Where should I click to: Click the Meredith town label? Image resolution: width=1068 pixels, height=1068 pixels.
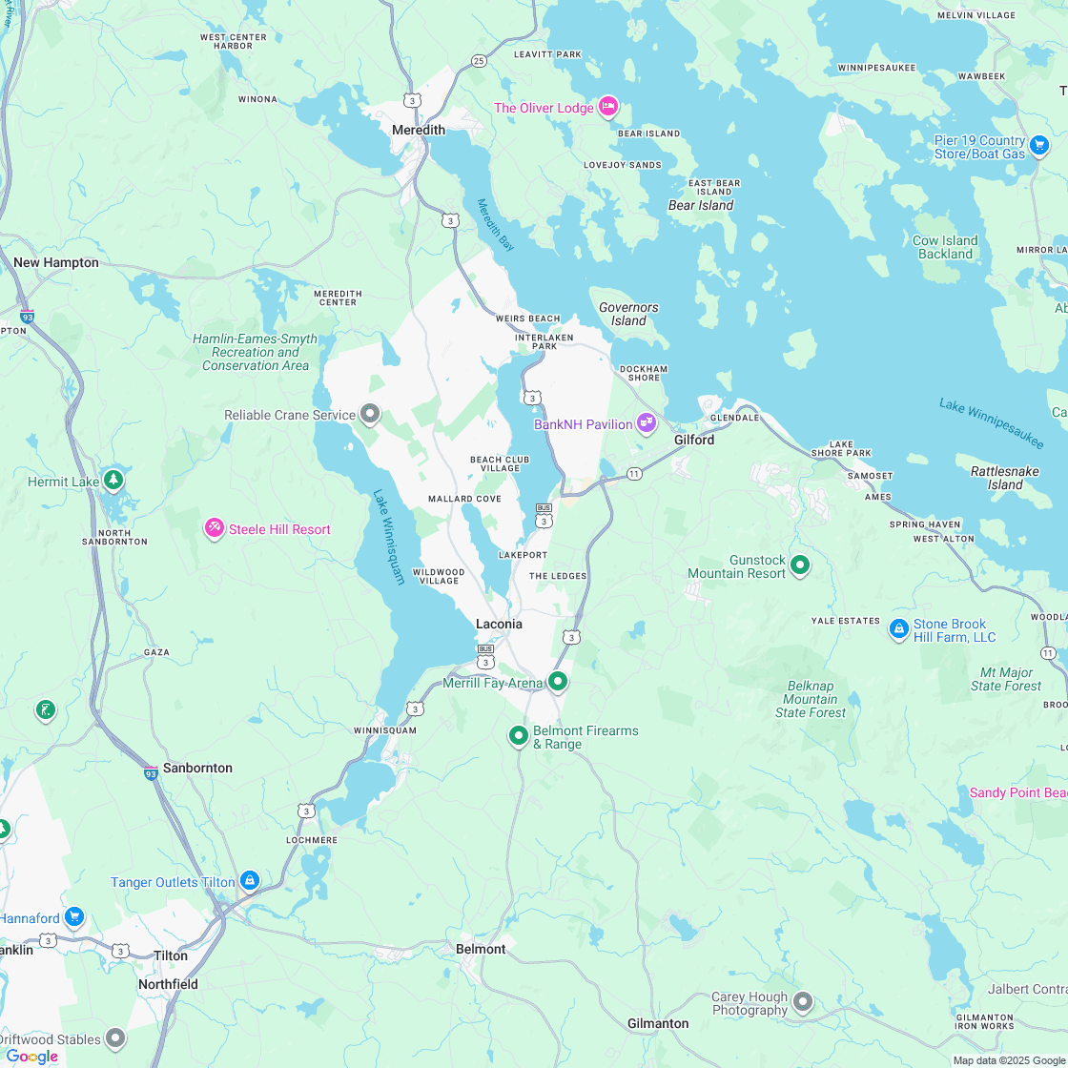[x=419, y=130]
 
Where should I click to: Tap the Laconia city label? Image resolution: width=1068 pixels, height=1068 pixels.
[x=499, y=624]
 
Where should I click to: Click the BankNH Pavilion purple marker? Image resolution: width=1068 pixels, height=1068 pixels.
[x=647, y=422]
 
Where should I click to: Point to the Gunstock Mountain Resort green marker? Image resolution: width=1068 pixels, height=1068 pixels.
[x=801, y=565]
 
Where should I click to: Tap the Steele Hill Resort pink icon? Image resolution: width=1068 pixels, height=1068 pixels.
[x=215, y=528]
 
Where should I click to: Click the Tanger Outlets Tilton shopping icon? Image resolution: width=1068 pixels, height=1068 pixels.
[x=250, y=881]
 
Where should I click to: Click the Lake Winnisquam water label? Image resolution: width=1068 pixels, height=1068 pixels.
[x=389, y=537]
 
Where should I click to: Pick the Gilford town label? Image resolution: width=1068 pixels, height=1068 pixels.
[x=693, y=440]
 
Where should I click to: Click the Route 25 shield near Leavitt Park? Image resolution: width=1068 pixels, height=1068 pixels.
[x=479, y=61]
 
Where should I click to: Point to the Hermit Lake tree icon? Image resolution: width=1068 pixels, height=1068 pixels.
[x=114, y=479]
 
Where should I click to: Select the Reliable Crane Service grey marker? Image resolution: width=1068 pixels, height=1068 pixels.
[x=371, y=415]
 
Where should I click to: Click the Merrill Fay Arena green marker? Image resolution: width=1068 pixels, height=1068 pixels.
[x=558, y=681]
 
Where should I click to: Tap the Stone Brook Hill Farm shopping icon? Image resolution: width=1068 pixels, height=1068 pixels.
[x=898, y=628]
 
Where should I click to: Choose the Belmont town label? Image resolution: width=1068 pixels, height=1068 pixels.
[x=481, y=949]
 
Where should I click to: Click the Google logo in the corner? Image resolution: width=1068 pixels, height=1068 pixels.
[x=31, y=1056]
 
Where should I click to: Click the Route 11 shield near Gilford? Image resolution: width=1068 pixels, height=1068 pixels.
[x=634, y=474]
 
